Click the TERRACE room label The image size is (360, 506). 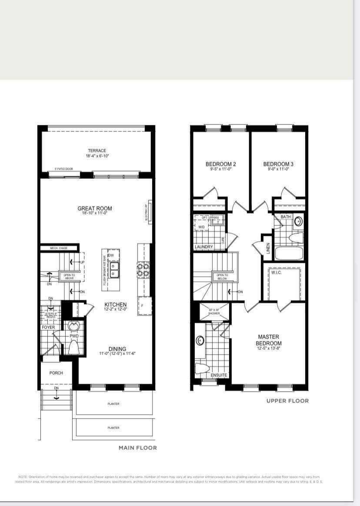pos(97,151)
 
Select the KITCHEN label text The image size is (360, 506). pos(115,305)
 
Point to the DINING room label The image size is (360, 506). pos(117,349)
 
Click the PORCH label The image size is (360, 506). pos(56,373)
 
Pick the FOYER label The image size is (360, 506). pos(48,327)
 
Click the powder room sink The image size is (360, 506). pos(73,325)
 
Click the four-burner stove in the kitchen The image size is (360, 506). pos(143,270)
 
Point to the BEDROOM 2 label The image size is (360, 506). pos(220,164)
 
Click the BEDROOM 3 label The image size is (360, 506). pos(278,164)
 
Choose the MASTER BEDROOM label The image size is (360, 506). pos(269,340)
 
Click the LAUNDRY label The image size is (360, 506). pos(204,247)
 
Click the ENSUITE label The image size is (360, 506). pos(219,375)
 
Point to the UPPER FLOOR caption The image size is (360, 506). pos(287,401)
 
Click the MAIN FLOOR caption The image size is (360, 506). pos(138,448)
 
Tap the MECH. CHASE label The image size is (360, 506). pos(59,248)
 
